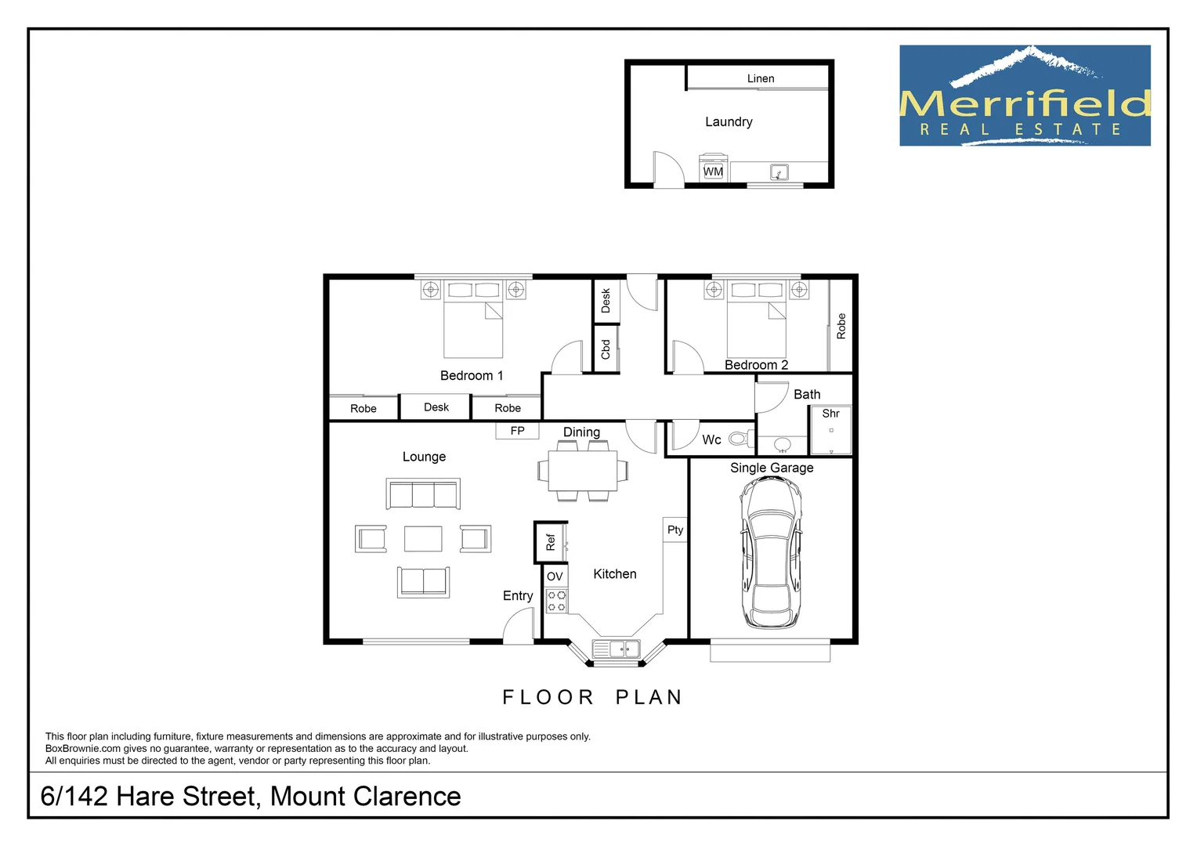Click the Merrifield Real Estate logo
1025,96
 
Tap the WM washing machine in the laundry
713,169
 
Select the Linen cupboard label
760,78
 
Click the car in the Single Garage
771,553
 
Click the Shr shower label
830,414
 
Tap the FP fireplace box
517,431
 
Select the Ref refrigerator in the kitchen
551,542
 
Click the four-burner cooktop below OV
556,601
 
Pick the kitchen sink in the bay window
616,649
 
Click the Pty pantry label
674,530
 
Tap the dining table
582,470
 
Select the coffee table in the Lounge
423,539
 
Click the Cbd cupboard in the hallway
606,349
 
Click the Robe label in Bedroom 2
841,326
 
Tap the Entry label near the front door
517,595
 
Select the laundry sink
778,172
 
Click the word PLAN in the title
649,697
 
